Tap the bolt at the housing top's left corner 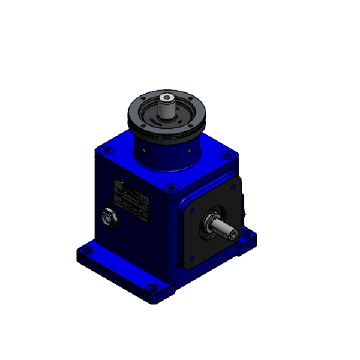click(x=107, y=147)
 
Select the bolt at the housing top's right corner click(x=226, y=155)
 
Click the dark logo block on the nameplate click(x=119, y=186)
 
